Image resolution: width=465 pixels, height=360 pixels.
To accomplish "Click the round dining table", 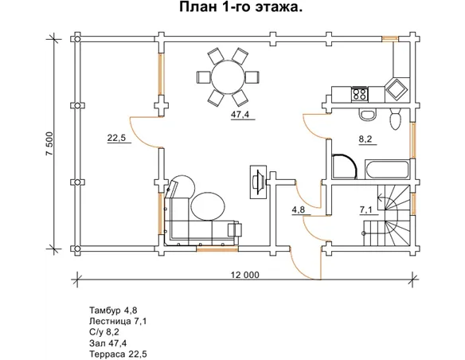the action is click(229, 77).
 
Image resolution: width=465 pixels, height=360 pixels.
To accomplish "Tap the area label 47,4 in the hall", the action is click(240, 115).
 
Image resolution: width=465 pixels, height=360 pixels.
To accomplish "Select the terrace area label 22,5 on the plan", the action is click(116, 138).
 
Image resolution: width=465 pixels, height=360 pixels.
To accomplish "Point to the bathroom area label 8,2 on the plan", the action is click(365, 139).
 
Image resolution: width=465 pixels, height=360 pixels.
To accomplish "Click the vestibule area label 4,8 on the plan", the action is click(299, 209).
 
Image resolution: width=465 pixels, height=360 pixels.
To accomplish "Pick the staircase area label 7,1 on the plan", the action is click(366, 209).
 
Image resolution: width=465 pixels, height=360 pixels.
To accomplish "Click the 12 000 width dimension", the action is click(245, 275).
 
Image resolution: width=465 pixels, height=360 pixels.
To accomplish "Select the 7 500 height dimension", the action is click(49, 143).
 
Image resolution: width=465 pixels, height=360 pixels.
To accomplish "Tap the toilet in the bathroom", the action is click(395, 119).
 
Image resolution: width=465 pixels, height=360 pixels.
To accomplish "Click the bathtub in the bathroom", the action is click(386, 170).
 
